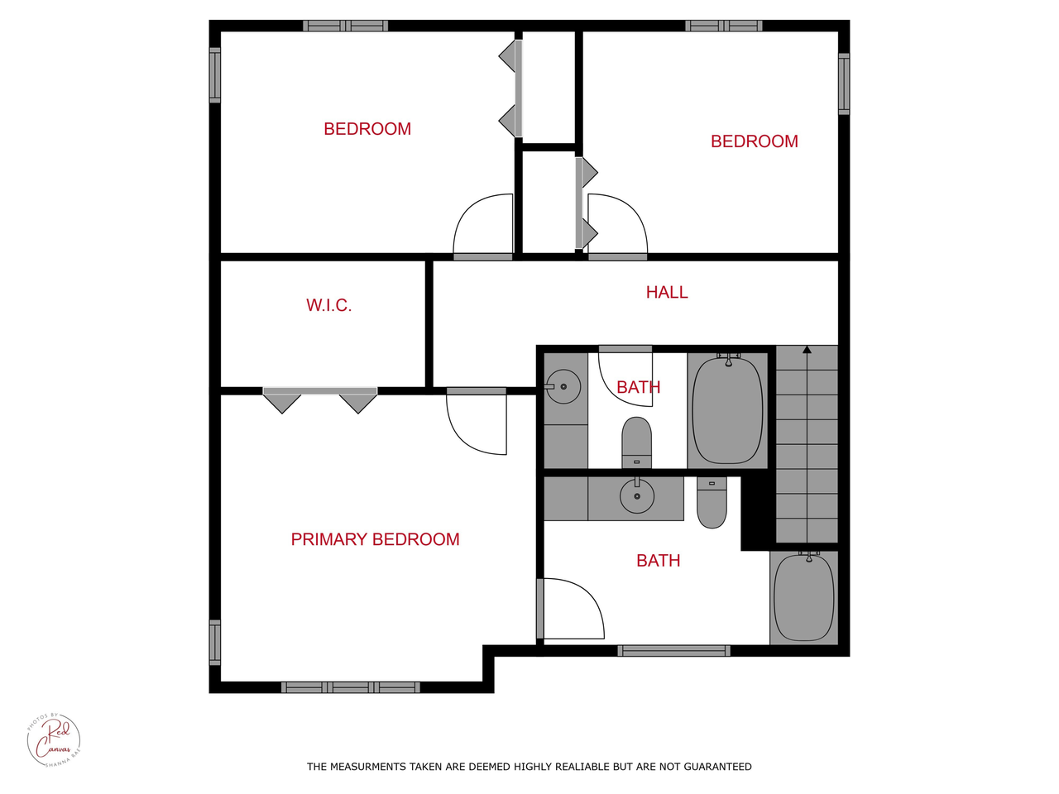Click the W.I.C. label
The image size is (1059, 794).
click(x=328, y=305)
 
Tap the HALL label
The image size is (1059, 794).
click(x=666, y=292)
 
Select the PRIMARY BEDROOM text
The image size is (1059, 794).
click(x=375, y=539)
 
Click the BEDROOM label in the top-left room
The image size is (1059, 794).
click(x=367, y=129)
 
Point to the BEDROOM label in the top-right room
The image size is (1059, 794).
click(x=754, y=141)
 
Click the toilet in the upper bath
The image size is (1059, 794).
click(x=636, y=442)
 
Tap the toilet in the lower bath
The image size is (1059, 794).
click(x=712, y=502)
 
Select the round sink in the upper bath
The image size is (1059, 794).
click(x=563, y=386)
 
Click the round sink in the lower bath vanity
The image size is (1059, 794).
click(x=637, y=496)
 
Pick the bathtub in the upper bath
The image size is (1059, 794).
click(x=727, y=409)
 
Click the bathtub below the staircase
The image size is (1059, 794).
click(x=803, y=598)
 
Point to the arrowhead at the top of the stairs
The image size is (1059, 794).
click(x=807, y=350)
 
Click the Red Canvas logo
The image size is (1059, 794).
click(x=54, y=739)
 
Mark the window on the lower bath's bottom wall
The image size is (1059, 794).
click(x=673, y=651)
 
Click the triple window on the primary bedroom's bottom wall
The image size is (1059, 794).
click(x=351, y=687)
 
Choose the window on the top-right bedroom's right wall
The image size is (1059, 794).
click(x=844, y=84)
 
